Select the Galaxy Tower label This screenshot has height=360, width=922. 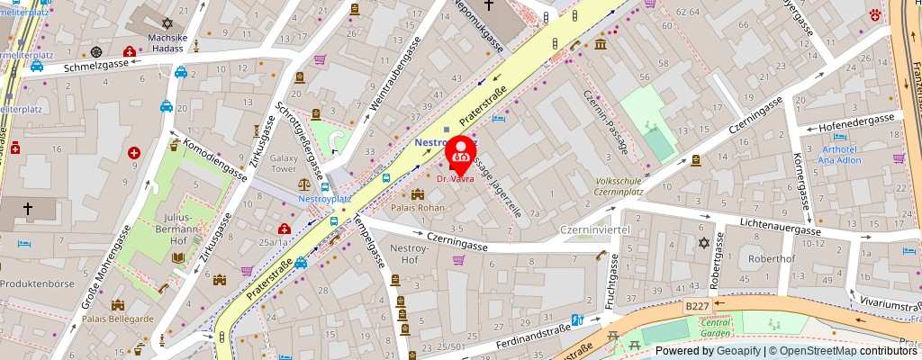pyautogui.click(x=284, y=163)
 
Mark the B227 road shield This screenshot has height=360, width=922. pyautogui.click(x=696, y=307)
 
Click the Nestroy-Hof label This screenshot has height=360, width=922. pyautogui.click(x=411, y=253)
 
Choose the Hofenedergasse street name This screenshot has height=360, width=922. pyautogui.click(x=856, y=118)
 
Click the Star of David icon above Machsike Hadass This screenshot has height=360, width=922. pyautogui.click(x=165, y=22)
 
